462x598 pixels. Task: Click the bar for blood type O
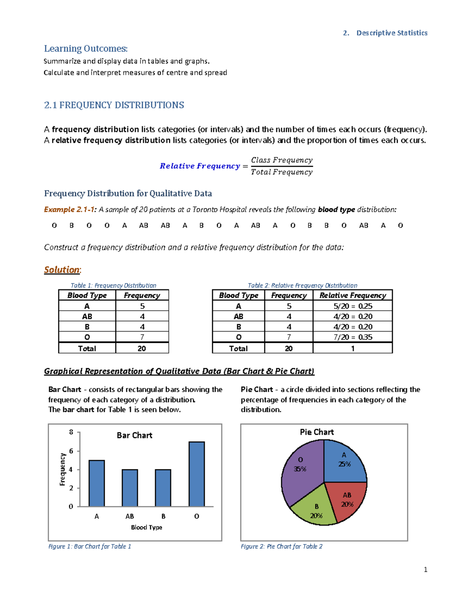[197, 474]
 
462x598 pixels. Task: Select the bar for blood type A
[97, 483]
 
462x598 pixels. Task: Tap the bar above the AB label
[130, 488]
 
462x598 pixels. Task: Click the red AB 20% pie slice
[345, 500]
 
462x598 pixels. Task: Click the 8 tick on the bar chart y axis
[71, 432]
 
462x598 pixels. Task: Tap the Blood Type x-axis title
[146, 527]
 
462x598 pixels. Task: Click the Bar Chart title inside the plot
[134, 436]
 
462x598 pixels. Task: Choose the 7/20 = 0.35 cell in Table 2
[353, 337]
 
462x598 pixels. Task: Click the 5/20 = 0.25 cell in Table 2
[353, 306]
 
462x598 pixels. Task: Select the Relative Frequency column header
[353, 295]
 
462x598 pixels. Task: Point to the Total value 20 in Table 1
[142, 348]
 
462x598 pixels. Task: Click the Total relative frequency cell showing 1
[353, 348]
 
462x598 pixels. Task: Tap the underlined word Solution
[62, 270]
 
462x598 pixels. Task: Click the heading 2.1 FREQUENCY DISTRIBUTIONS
[114, 105]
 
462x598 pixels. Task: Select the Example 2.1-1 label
[70, 210]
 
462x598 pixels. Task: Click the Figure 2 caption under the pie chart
[281, 546]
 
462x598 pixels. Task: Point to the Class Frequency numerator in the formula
[281, 160]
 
